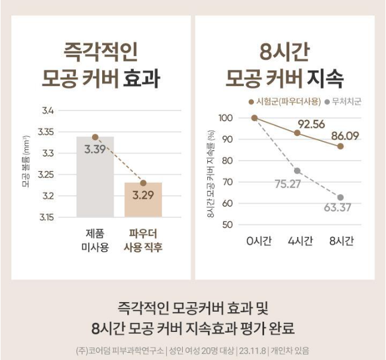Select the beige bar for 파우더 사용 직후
tap(143, 200)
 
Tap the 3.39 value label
tap(95, 149)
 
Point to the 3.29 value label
tap(143, 194)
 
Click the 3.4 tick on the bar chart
tap(48, 111)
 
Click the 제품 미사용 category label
tap(95, 239)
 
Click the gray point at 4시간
tap(297, 171)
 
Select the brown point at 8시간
tap(340, 146)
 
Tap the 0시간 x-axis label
tap(259, 241)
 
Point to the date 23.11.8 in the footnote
tap(253, 350)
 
